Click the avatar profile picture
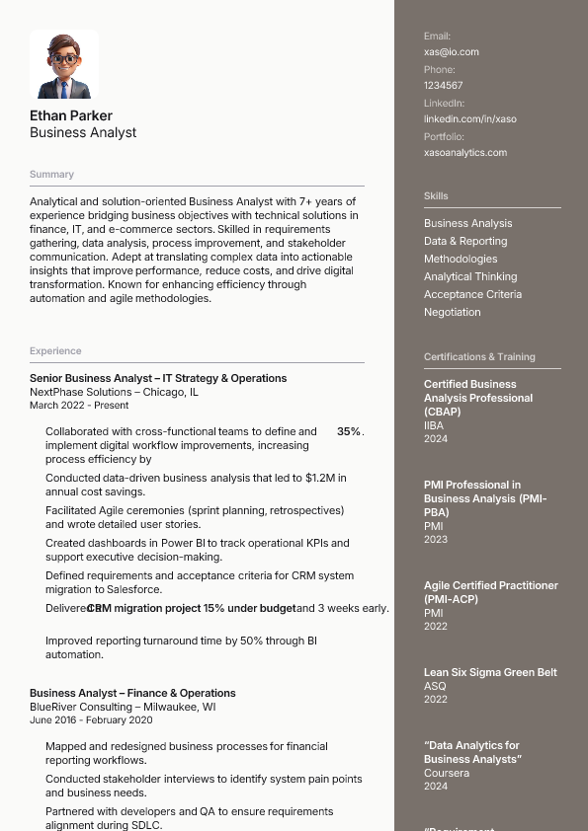(x=64, y=64)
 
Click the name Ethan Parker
(x=71, y=115)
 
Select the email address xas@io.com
(x=452, y=52)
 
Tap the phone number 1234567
(x=444, y=86)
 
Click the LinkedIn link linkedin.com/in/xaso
(x=470, y=119)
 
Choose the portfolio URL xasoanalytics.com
(x=465, y=153)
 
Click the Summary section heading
(x=51, y=175)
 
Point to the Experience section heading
(x=55, y=351)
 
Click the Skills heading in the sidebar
(x=436, y=196)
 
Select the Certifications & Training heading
(x=479, y=357)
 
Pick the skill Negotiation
(x=453, y=313)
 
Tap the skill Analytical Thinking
(x=470, y=277)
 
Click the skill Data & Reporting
(x=465, y=242)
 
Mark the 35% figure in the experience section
(x=349, y=432)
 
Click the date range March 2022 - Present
(x=79, y=406)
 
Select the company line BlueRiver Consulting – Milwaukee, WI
(x=123, y=708)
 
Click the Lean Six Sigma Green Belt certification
(x=490, y=673)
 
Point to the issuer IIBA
(x=434, y=426)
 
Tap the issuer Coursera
(x=447, y=774)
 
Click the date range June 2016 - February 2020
(x=91, y=720)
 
